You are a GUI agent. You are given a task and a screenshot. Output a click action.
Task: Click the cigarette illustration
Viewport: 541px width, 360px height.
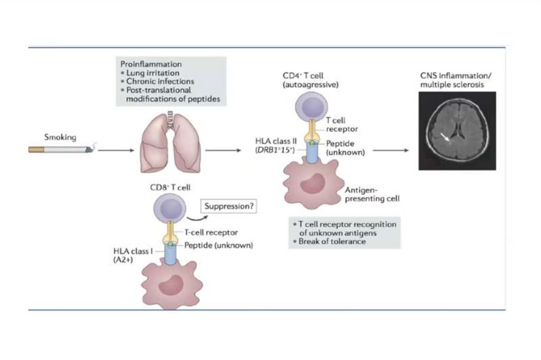[x=61, y=150]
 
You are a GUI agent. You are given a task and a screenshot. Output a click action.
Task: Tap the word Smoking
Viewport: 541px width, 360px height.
[x=60, y=138]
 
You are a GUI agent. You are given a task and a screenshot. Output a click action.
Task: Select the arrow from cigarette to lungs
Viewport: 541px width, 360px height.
[x=115, y=150]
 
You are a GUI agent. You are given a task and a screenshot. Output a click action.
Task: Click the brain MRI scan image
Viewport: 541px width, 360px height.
[x=457, y=130]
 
